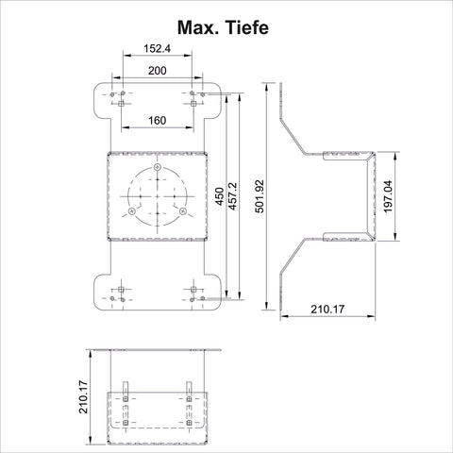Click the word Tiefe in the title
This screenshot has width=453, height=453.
click(x=246, y=27)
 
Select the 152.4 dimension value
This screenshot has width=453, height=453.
click(x=157, y=48)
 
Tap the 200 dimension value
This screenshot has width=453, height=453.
click(x=158, y=71)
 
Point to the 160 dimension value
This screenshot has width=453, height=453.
click(x=158, y=120)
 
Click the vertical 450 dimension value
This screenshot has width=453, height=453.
click(x=220, y=196)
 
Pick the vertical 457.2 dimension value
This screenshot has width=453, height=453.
click(x=232, y=196)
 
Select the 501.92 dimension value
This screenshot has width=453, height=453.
click(x=260, y=196)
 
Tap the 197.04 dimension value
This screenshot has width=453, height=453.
click(x=388, y=196)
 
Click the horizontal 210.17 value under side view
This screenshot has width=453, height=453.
click(x=327, y=310)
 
